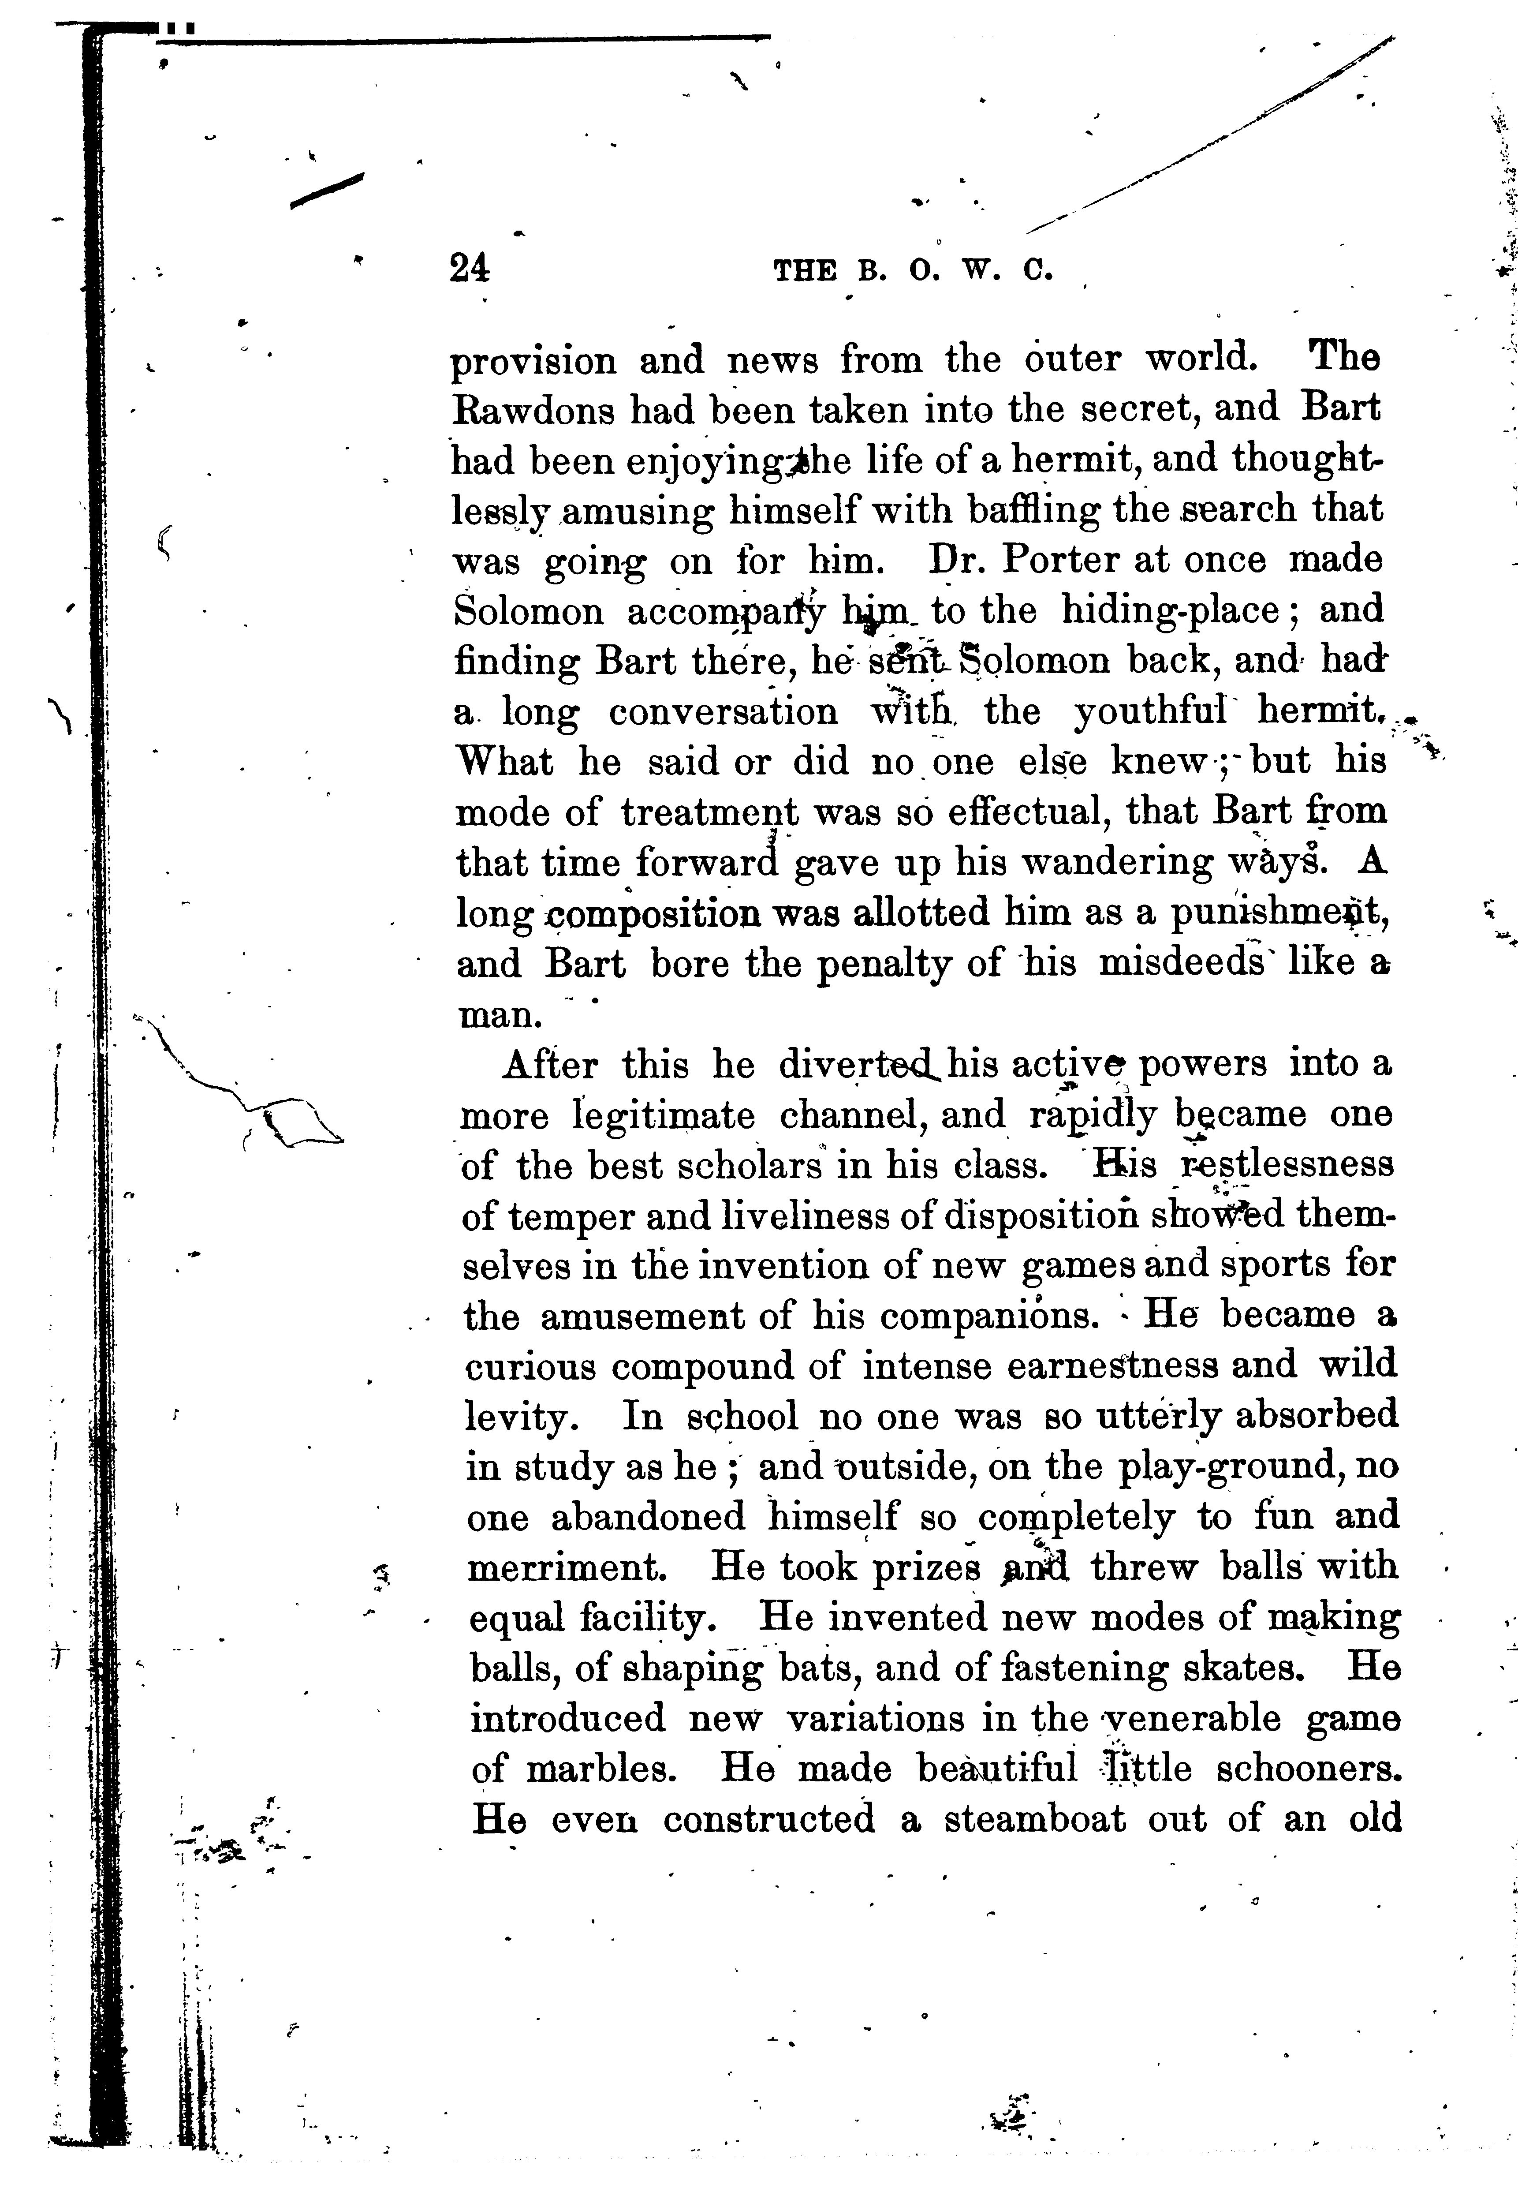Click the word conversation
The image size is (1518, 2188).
click(724, 711)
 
